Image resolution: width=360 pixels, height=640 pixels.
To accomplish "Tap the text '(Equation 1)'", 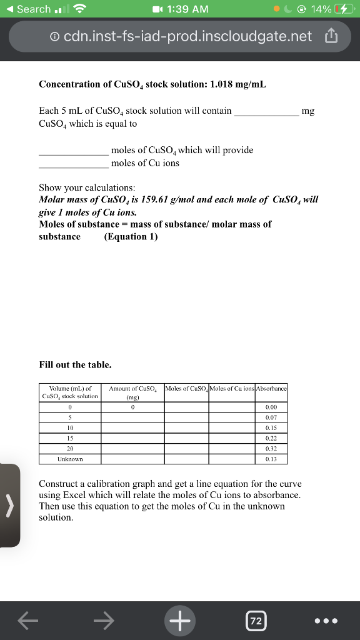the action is [131, 236].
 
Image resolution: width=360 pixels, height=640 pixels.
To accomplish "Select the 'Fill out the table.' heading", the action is [75, 364].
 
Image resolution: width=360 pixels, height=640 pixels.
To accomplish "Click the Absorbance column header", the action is [271, 389].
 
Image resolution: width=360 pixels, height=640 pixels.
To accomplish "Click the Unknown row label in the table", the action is [70, 459].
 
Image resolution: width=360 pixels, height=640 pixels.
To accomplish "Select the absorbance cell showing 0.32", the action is [271, 449].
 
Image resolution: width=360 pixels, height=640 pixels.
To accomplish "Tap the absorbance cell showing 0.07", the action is [271, 417].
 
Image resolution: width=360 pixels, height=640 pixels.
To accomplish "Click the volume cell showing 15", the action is [70, 438].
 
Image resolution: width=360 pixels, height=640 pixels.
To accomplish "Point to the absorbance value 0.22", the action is [271, 438].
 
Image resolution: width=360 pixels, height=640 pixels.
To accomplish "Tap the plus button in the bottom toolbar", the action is [180, 621].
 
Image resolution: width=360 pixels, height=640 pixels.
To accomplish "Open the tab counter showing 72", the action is [255, 621].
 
